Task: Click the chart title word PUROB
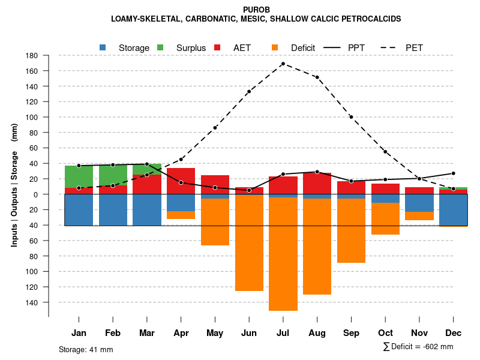click(257, 10)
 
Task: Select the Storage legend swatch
click(103, 47)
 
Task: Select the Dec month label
click(454, 333)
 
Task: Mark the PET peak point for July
click(283, 64)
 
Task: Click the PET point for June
click(249, 92)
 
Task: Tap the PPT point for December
click(454, 173)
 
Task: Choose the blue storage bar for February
click(113, 210)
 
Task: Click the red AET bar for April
click(181, 181)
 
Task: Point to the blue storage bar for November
click(419, 203)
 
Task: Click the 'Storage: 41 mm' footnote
click(86, 349)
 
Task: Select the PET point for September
click(351, 117)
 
